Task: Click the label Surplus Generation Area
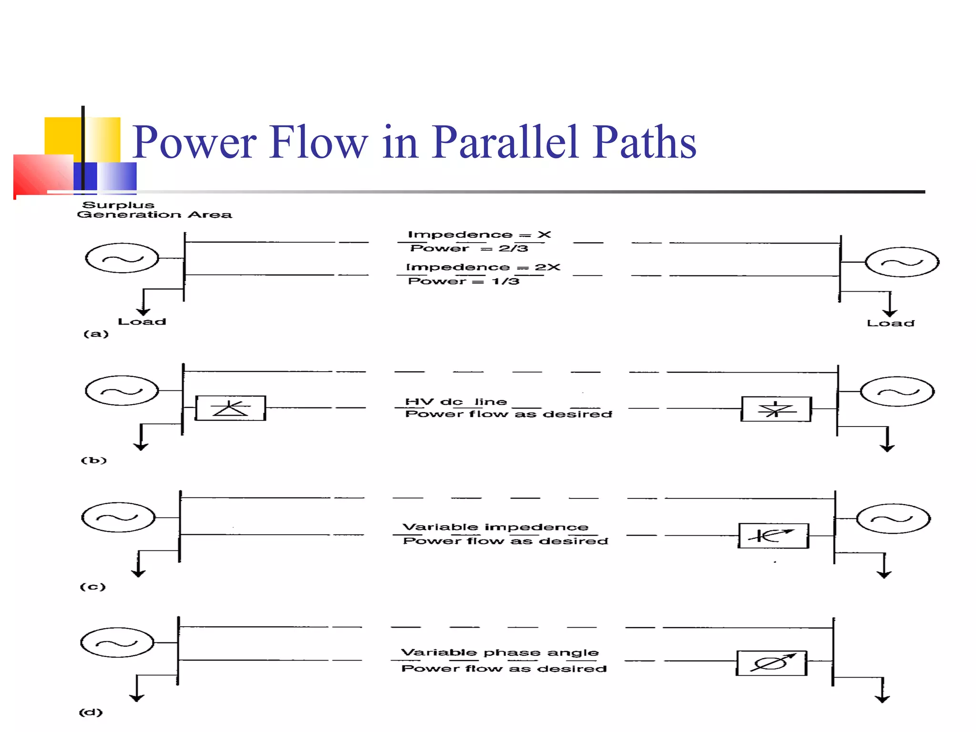pos(154,210)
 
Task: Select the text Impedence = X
pos(479,234)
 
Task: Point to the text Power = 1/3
pos(463,281)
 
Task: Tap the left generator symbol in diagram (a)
pos(122,258)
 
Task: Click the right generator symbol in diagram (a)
pos(902,262)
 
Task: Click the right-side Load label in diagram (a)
pos(890,324)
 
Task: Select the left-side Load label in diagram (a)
pos(142,322)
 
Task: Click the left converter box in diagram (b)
pos(231,408)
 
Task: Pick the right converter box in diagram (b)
pos(776,409)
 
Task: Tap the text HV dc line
pos(456,402)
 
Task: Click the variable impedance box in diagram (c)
pos(773,536)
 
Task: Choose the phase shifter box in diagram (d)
pos(772,663)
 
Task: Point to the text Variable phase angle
pos(499,652)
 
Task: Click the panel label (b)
pos(93,460)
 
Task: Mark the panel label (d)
pos(91,712)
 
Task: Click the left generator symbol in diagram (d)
pos(117,642)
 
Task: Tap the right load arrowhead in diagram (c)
pos(884,575)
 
